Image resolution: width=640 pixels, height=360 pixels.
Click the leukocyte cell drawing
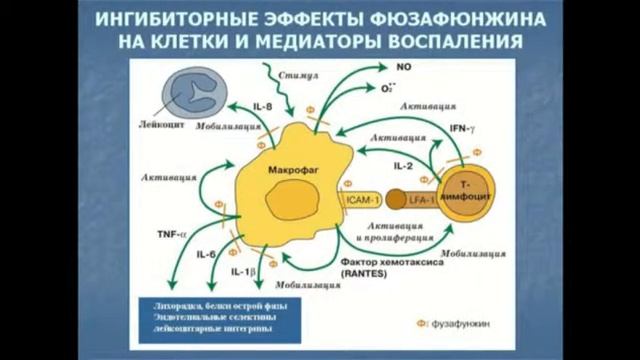(x=195, y=96)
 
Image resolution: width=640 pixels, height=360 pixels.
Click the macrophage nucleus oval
(x=292, y=201)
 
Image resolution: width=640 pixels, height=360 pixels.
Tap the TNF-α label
(x=171, y=234)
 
